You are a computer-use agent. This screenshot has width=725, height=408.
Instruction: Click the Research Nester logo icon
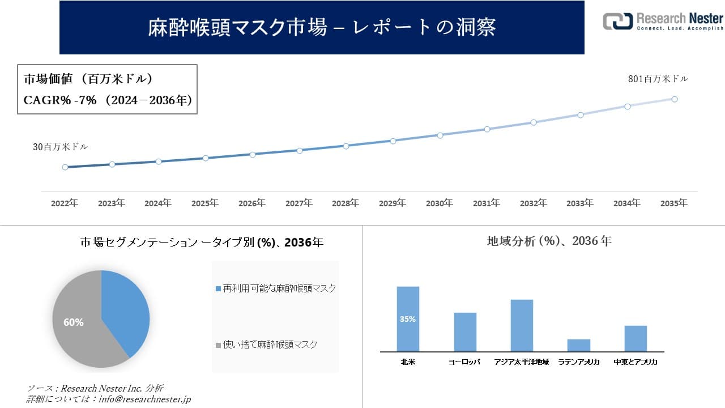(x=617, y=21)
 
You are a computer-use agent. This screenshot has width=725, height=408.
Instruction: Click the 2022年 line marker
(x=65, y=167)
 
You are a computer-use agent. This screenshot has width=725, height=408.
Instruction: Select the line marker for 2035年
(x=675, y=99)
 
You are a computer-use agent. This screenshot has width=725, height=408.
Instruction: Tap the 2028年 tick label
(x=346, y=203)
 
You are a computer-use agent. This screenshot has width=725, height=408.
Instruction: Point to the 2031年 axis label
(x=486, y=203)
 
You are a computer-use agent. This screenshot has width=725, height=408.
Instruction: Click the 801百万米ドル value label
(x=658, y=79)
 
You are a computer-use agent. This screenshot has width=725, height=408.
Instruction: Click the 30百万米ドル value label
(x=60, y=147)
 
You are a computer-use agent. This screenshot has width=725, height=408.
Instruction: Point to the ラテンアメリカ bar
(x=578, y=345)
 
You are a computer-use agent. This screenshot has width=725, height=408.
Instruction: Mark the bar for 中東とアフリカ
(x=636, y=338)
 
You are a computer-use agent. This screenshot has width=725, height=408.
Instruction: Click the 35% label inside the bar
(x=408, y=319)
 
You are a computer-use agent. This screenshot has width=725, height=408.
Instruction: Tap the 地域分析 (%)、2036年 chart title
(x=549, y=241)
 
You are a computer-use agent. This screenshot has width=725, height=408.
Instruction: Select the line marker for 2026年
(x=253, y=154)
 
